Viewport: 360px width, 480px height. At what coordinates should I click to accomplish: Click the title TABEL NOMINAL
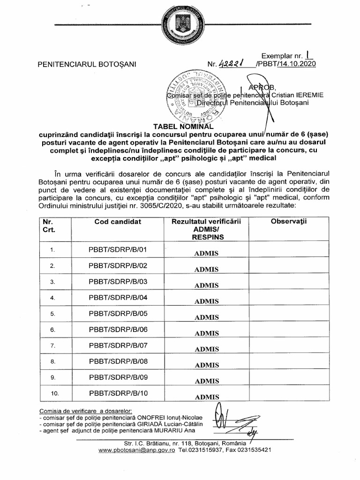pyautogui.click(x=180, y=126)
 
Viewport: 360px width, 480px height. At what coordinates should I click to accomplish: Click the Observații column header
pyautogui.click(x=288, y=222)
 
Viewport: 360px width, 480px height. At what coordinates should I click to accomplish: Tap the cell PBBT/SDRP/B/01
pyautogui.click(x=118, y=249)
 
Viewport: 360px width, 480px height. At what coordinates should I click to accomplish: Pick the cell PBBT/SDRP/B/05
pyautogui.click(x=118, y=313)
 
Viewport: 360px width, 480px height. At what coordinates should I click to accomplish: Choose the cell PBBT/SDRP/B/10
pyautogui.click(x=118, y=393)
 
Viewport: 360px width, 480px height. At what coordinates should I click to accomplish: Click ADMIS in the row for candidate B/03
pyautogui.click(x=207, y=285)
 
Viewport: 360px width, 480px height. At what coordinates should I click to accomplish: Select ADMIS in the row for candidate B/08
pyautogui.click(x=207, y=364)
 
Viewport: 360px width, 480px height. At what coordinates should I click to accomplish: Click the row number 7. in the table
pyautogui.click(x=52, y=345)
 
